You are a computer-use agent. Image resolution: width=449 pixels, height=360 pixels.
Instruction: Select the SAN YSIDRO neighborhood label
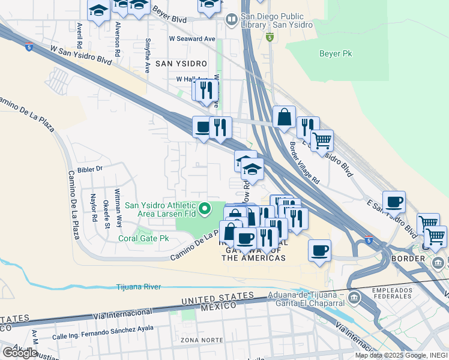(181, 63)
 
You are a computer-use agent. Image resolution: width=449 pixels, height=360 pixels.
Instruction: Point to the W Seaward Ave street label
(191, 38)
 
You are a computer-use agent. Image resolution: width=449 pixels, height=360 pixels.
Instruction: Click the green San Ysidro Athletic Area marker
(205, 209)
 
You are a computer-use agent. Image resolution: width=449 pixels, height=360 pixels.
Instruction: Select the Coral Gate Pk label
(143, 238)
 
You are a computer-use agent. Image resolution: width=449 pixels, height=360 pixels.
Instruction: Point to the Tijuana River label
(139, 287)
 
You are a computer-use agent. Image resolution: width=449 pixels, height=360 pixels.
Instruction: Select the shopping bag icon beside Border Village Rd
(284, 118)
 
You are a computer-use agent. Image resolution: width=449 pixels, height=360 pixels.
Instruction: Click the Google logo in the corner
(20, 352)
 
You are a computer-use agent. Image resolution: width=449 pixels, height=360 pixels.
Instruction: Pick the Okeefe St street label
(106, 214)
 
